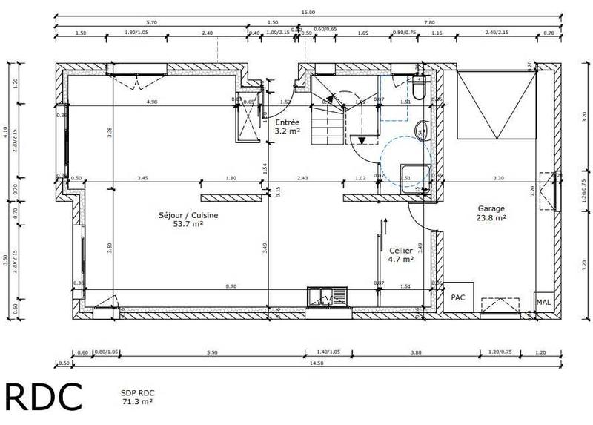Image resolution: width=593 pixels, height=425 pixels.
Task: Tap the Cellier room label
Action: pos(400,251)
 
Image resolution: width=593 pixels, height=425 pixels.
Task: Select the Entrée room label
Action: pos(287,122)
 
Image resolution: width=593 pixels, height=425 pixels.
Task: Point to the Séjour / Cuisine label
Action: pos(188,215)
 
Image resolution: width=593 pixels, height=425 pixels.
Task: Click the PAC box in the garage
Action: pos(459,297)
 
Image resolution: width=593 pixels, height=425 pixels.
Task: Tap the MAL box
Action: pos(543,303)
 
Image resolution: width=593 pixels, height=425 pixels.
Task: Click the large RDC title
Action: pos(44,397)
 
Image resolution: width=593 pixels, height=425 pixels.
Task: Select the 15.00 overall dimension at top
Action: pos(308,12)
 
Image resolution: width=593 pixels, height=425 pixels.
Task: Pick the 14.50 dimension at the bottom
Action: pos(316,363)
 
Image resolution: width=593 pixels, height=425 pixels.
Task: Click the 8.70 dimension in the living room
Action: pos(231,286)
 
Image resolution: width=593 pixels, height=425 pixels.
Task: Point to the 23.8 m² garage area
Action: pos(491,219)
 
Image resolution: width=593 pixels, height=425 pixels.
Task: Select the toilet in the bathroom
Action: pos(418,90)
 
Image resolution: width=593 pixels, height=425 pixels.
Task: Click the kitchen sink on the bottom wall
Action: pos(326,297)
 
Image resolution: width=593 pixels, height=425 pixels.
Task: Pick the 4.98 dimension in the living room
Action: pos(152,101)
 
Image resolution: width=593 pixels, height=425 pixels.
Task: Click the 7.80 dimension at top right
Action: pos(429,22)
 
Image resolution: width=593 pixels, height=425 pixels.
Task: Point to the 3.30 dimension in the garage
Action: pos(498,178)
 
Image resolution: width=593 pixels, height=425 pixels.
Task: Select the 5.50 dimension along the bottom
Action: pos(213,352)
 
